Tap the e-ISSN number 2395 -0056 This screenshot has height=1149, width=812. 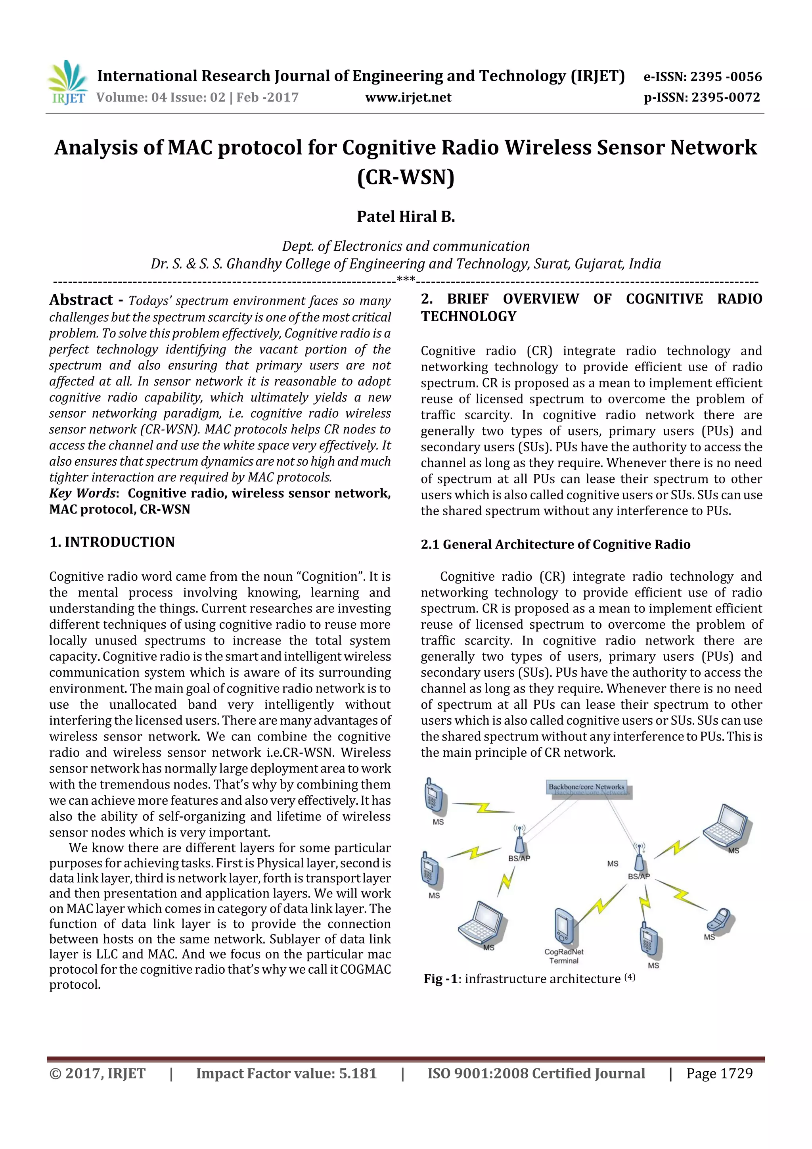coord(726,77)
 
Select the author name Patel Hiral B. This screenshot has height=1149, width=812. coord(405,217)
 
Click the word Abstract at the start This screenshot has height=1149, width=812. coord(81,300)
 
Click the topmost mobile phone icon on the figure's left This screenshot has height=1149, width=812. coord(433,794)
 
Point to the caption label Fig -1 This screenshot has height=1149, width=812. coord(440,979)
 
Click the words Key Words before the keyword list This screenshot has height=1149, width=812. coord(82,493)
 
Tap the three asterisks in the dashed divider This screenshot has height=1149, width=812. coord(405,279)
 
